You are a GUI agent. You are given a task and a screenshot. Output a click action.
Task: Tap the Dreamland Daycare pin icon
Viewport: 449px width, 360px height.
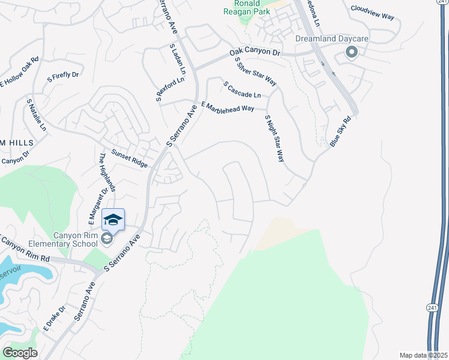351,53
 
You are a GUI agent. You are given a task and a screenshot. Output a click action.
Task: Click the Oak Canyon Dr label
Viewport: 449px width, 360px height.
255,54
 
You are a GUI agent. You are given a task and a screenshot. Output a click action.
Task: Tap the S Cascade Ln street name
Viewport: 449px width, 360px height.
242,91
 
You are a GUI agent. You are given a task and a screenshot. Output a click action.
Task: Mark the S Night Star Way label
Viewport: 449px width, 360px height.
274,139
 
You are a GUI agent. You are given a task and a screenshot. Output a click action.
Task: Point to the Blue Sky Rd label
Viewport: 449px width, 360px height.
340,132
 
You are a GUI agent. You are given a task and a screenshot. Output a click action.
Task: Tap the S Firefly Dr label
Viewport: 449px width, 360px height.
63,76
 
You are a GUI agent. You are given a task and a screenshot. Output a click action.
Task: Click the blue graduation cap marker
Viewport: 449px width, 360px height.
113,220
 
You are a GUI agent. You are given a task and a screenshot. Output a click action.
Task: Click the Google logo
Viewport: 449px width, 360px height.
20,353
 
